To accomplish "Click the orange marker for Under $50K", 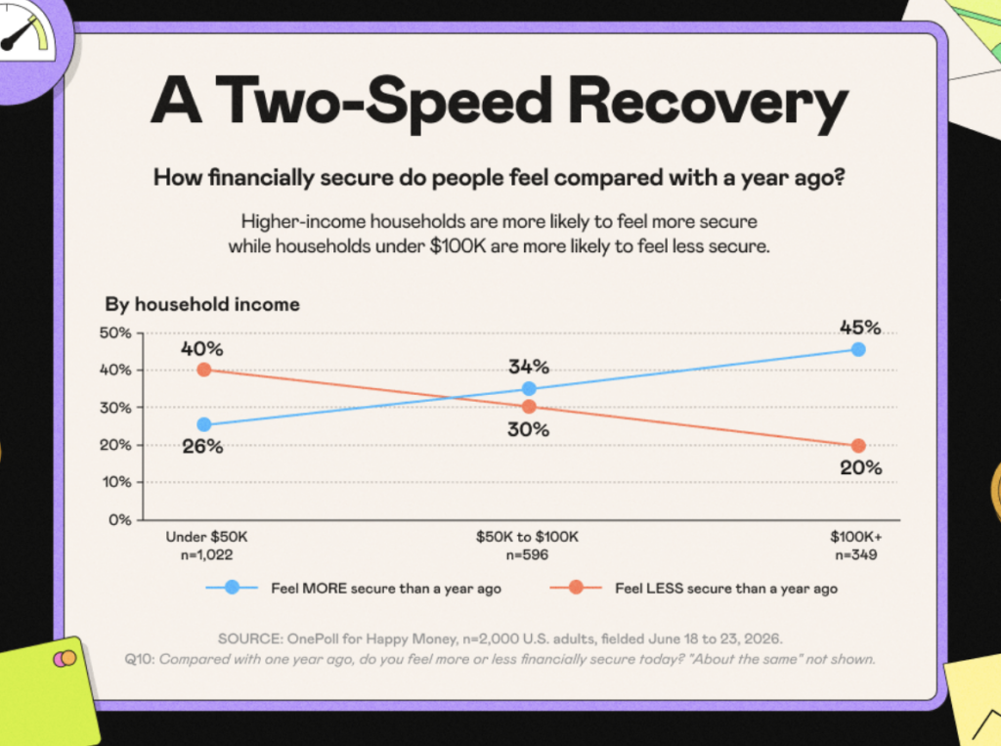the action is (x=204, y=370).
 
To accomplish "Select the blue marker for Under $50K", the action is (x=204, y=424).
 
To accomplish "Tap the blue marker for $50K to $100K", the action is (x=529, y=388).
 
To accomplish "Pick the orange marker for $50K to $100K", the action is (x=529, y=406).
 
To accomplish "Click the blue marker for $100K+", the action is (x=858, y=349).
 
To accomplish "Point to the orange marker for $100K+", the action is (x=858, y=445).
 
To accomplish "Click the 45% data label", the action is (x=860, y=328).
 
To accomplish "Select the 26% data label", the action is (x=202, y=447).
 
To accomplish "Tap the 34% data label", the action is (x=529, y=367).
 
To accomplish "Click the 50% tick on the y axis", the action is (x=115, y=332).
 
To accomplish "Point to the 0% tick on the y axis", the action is (x=120, y=520).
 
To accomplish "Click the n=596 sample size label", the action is (x=527, y=555).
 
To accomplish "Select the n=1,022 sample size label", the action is (x=206, y=555).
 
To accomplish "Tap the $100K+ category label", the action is (x=855, y=537).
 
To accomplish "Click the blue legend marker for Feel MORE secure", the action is (x=233, y=587).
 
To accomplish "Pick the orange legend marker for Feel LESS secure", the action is (x=576, y=587).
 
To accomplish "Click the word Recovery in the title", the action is (x=708, y=103).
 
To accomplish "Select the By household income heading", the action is (x=202, y=304).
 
